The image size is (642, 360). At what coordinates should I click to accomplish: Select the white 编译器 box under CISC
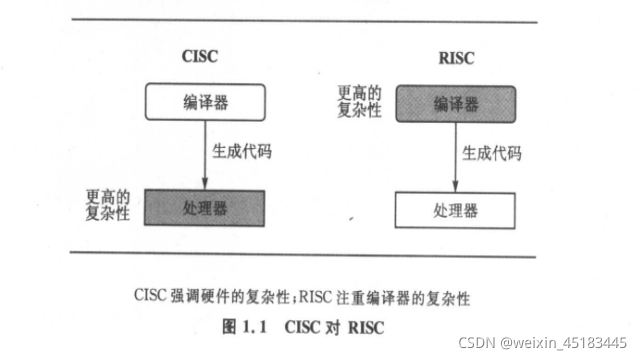click(205, 102)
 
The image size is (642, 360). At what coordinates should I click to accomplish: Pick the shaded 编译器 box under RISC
click(457, 103)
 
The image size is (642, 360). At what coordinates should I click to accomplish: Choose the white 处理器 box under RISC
click(457, 211)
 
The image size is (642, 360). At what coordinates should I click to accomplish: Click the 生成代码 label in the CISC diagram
click(241, 153)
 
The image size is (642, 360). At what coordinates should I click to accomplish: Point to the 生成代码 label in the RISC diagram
click(492, 154)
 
